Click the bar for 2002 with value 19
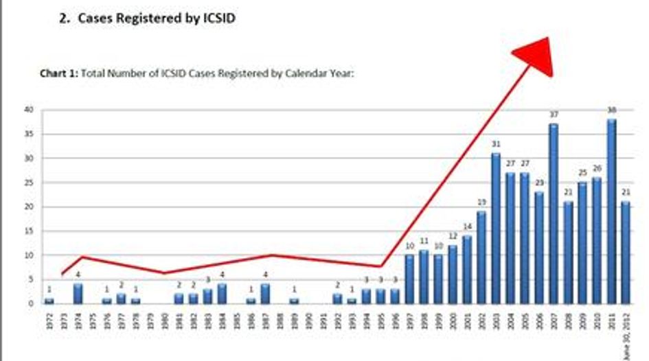click(x=481, y=257)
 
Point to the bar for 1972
click(x=49, y=301)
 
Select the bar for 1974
click(x=78, y=294)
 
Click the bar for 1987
click(x=265, y=294)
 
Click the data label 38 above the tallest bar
click(x=611, y=110)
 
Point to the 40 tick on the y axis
click(x=28, y=110)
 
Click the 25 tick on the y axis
click(x=28, y=183)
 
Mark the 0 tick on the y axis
click(x=31, y=303)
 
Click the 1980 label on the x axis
click(x=164, y=318)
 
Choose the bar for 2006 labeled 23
click(x=538, y=248)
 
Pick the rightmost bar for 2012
click(x=626, y=253)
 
